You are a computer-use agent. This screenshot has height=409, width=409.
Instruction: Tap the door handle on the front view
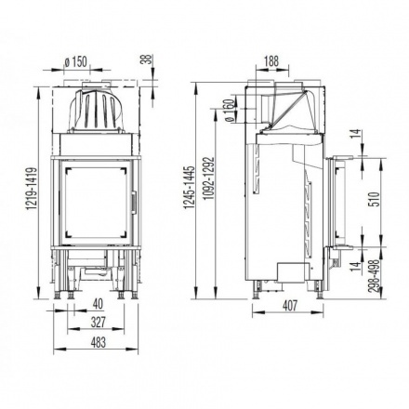click(x=133, y=201)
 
